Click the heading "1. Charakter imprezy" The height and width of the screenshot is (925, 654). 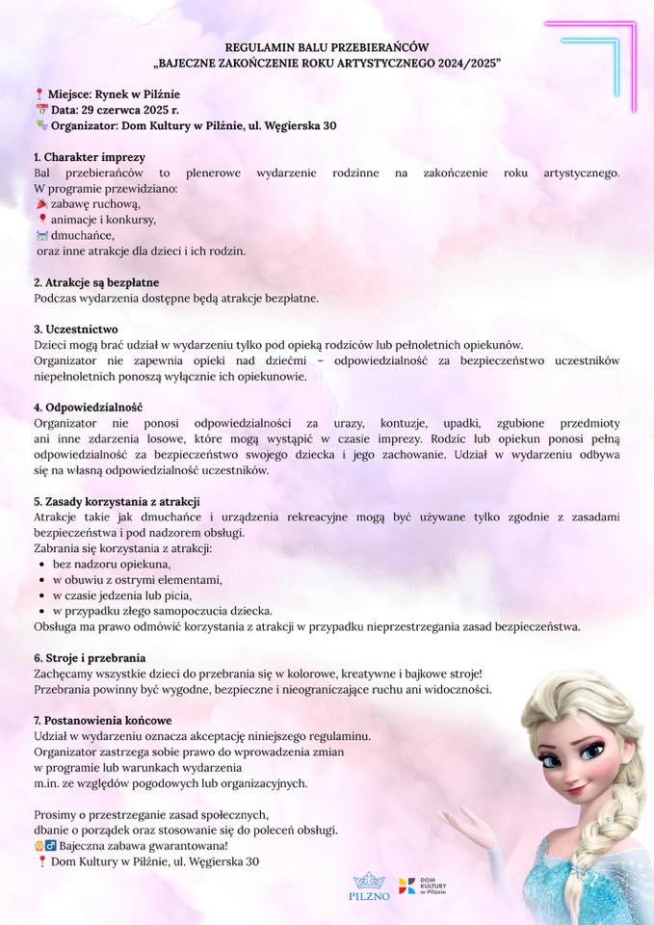(x=90, y=157)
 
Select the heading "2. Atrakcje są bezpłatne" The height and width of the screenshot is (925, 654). (x=96, y=282)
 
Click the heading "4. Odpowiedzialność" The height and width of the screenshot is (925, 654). (x=88, y=407)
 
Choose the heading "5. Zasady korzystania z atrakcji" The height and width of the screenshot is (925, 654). (x=117, y=501)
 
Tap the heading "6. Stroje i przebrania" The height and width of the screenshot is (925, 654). (x=90, y=657)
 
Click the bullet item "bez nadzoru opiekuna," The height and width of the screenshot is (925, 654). (x=112, y=564)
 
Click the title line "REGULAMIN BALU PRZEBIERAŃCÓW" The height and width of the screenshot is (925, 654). (x=327, y=46)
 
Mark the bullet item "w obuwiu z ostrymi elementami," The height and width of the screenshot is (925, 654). (x=137, y=579)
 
